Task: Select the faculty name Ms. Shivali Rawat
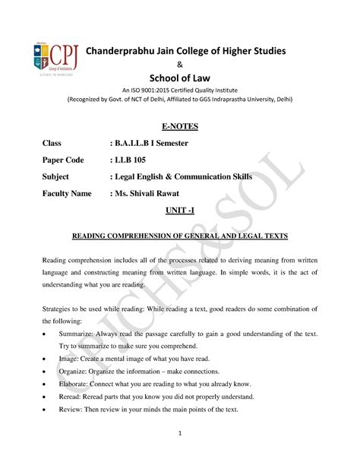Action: (x=158, y=193)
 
